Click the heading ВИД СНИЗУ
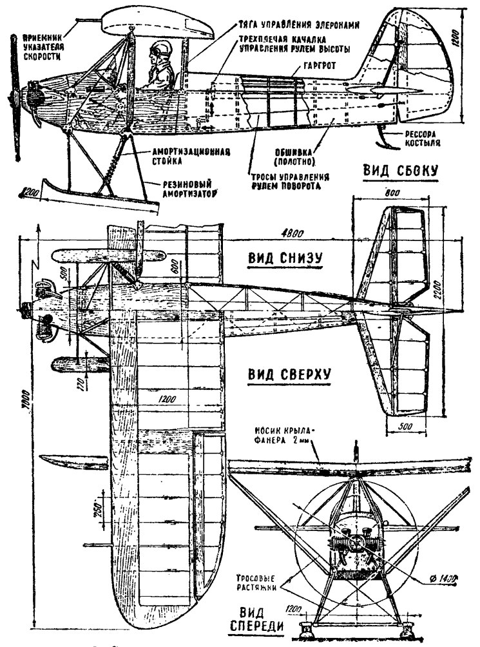point(285,258)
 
